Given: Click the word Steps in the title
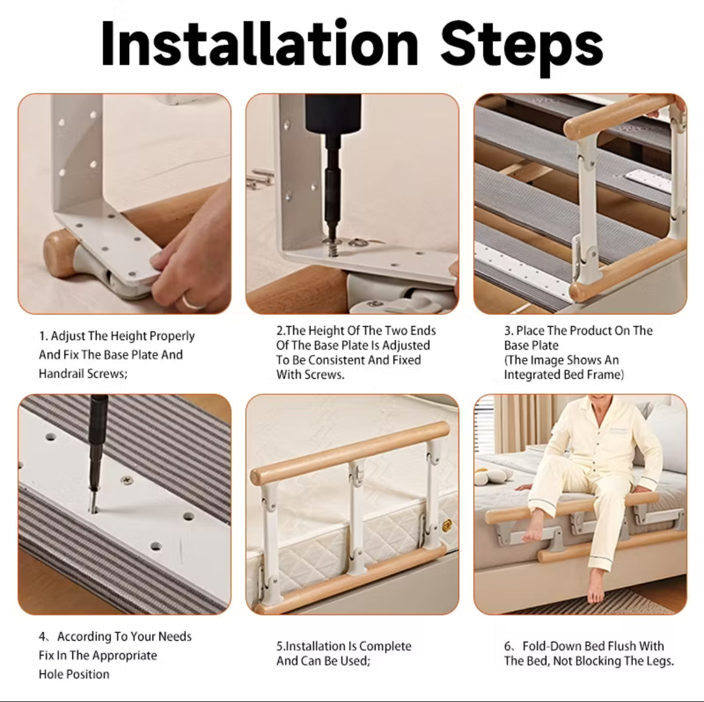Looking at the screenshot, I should (x=521, y=45).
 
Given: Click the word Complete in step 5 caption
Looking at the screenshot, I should (x=385, y=646).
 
